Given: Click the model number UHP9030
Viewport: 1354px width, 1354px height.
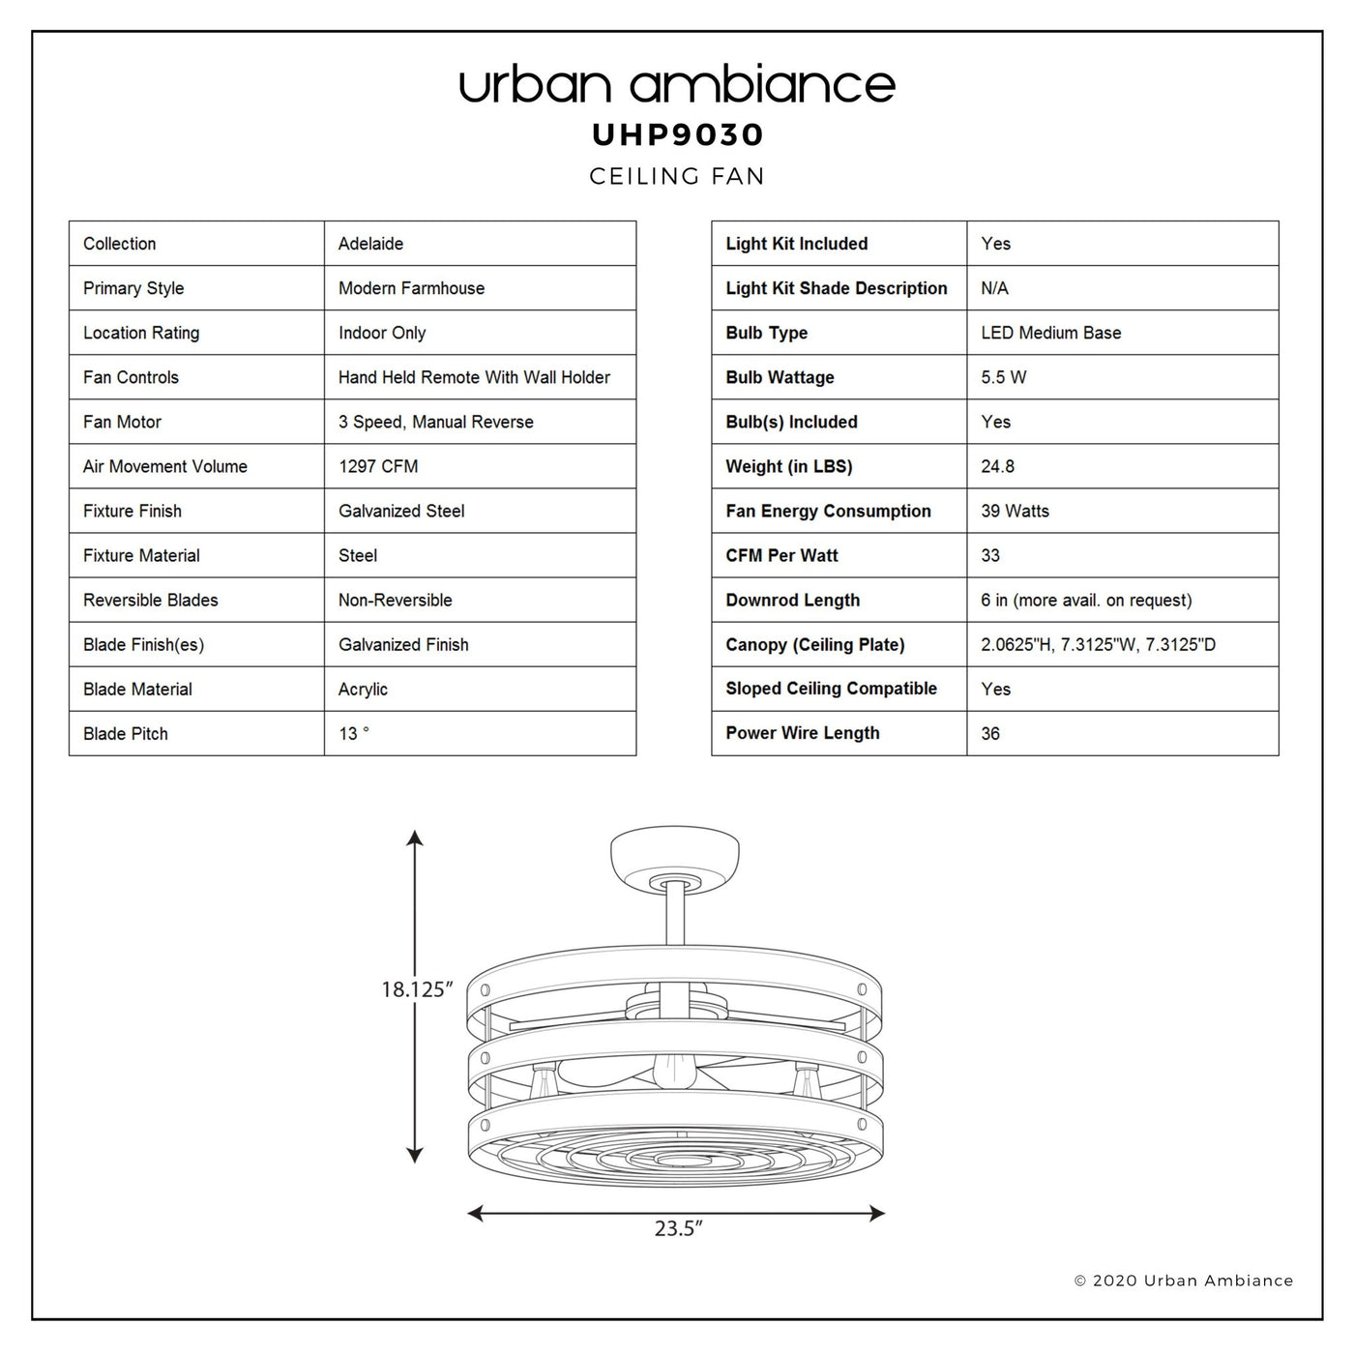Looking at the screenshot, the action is click(677, 134).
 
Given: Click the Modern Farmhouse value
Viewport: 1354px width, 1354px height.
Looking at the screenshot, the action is click(411, 288).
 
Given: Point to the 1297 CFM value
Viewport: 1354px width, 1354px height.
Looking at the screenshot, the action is click(378, 466).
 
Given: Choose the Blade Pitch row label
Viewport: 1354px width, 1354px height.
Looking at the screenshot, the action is click(125, 733).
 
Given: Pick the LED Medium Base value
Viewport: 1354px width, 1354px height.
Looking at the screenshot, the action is click(1050, 333).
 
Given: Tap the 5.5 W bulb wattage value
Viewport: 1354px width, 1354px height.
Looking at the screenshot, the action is click(1003, 377).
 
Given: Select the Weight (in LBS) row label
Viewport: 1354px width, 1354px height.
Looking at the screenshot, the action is click(788, 466).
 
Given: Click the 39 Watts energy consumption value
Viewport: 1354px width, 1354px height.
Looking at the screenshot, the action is click(1015, 511).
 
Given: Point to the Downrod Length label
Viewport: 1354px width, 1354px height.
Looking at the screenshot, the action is click(793, 600).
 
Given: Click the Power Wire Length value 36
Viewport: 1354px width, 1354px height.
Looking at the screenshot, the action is click(990, 733).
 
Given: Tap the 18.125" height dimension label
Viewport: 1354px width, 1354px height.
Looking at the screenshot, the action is click(417, 989).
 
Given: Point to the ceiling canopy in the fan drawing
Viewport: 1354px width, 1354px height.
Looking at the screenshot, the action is click(674, 860).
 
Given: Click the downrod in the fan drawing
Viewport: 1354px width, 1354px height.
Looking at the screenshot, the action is click(674, 916).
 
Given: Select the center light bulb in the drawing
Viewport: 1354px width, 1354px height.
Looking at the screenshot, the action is click(674, 1072).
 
